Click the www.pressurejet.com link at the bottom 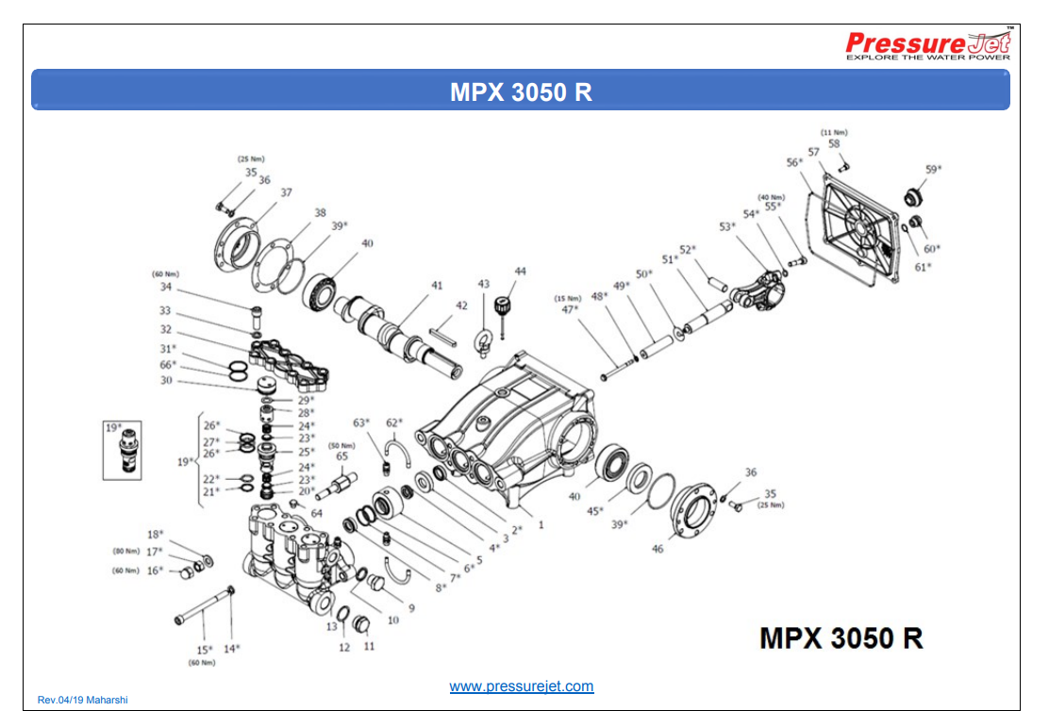pos(522,686)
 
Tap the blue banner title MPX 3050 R pos(521,92)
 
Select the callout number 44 pos(520,272)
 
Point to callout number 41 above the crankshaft pos(437,285)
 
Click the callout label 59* pos(933,170)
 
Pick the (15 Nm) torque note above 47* pos(569,298)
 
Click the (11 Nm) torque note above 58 pos(834,132)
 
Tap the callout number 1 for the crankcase pos(541,523)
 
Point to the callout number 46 pos(658,548)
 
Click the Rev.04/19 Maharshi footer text pos(82,700)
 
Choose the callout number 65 pos(341,456)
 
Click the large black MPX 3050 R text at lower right pos(841,638)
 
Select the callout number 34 pos(166,287)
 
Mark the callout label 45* pos(594,511)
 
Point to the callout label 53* pos(726,226)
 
